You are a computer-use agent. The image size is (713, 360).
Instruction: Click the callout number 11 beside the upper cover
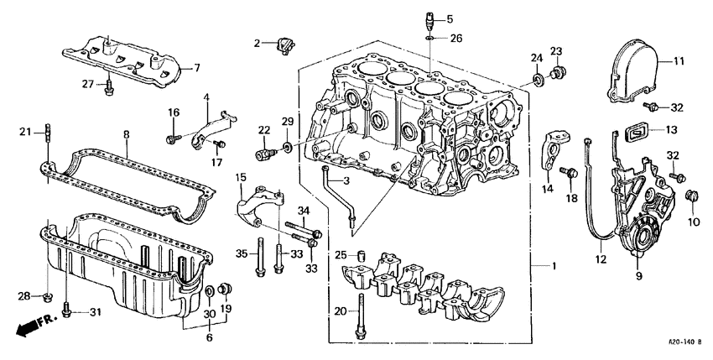[679, 61]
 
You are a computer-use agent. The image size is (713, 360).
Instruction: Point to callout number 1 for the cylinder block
[553, 266]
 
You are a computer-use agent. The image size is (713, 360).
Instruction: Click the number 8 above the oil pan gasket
[126, 133]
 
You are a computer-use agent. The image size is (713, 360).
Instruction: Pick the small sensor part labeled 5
[429, 19]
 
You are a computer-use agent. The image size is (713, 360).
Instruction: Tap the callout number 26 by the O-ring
[455, 39]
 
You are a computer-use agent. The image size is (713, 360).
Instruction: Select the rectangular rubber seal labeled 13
[639, 131]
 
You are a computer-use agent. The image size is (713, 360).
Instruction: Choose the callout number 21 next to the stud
[25, 131]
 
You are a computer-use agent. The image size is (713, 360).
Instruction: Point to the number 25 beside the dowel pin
[340, 255]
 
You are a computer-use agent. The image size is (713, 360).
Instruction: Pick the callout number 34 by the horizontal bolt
[303, 210]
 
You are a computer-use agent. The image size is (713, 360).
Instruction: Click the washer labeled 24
[535, 81]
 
